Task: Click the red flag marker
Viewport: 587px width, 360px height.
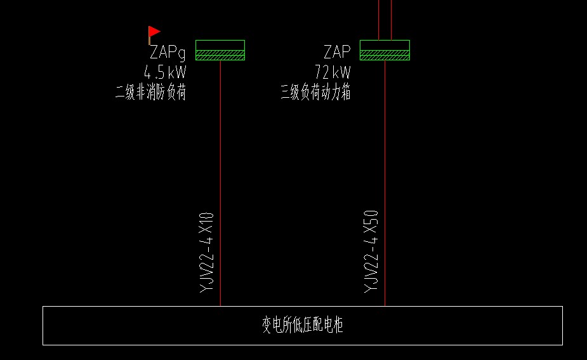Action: click(155, 32)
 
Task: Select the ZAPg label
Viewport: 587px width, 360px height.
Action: click(168, 53)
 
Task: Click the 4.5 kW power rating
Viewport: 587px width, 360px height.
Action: click(165, 72)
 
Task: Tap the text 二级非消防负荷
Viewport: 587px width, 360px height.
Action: click(150, 93)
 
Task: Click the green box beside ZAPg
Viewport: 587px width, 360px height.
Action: click(220, 46)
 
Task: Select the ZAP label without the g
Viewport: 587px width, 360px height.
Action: click(337, 52)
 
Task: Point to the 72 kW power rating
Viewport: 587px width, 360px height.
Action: click(333, 72)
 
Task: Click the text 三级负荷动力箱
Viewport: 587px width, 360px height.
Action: click(315, 93)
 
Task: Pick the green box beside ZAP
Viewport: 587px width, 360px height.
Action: click(385, 46)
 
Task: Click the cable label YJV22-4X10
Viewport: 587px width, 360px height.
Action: click(207, 252)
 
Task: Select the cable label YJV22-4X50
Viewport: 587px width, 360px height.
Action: click(371, 251)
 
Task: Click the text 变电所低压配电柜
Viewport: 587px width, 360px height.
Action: click(303, 326)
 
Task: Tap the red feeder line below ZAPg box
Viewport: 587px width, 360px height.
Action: click(220, 159)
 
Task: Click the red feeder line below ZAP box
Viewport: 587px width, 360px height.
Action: click(385, 159)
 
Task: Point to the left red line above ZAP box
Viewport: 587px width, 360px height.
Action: click(379, 19)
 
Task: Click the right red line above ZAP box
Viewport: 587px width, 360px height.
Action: click(391, 19)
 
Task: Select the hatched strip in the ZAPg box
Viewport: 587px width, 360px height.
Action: click(220, 55)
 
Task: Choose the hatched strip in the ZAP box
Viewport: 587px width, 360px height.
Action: click(385, 55)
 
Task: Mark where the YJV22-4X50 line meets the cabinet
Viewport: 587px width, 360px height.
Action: click(385, 306)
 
